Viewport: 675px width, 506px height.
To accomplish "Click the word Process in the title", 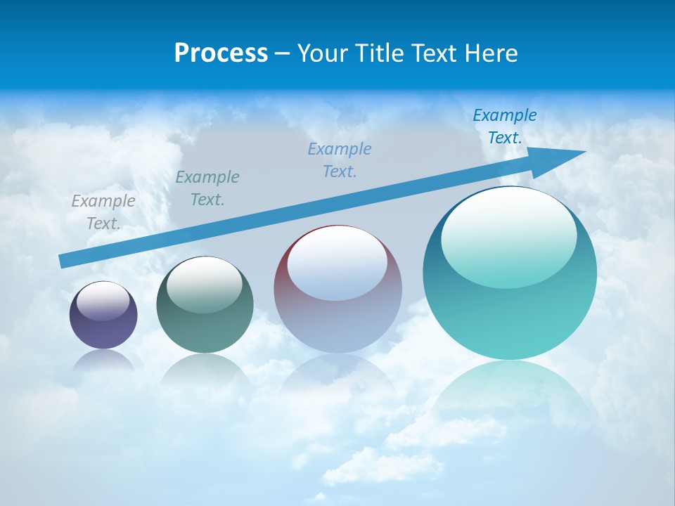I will (221, 53).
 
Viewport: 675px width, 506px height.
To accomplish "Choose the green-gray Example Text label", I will (207, 188).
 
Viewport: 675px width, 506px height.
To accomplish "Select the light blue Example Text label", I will (340, 160).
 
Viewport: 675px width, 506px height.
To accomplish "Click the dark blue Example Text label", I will (505, 126).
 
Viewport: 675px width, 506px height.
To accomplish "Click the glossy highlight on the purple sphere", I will (103, 301).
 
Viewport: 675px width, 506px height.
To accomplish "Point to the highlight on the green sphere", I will (204, 283).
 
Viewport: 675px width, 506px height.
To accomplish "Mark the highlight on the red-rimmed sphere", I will (337, 263).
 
